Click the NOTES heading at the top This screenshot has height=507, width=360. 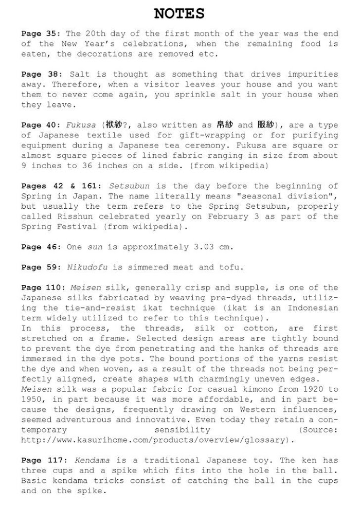(x=179, y=13)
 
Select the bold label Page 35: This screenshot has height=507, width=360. (x=41, y=33)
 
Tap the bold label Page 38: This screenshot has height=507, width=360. (x=41, y=74)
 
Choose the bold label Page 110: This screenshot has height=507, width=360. (x=43, y=287)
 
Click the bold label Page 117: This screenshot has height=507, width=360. (x=43, y=460)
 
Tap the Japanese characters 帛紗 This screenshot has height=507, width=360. (x=224, y=125)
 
